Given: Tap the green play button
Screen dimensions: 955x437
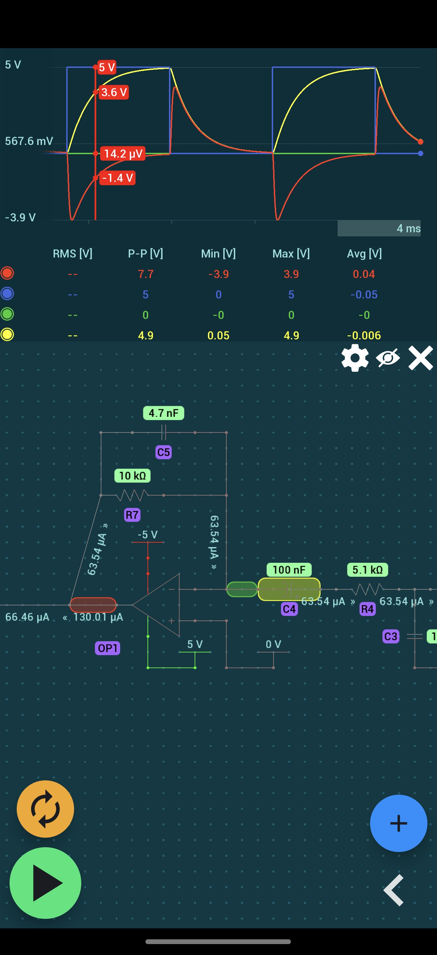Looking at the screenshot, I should [45, 883].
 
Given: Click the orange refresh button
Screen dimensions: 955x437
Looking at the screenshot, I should [45, 809].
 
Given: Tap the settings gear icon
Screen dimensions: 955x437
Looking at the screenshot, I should [355, 358].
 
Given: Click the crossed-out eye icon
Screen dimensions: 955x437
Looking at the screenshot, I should [387, 358].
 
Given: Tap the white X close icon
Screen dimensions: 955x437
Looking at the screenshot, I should [420, 358].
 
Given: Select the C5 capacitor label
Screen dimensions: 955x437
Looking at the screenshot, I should [163, 452].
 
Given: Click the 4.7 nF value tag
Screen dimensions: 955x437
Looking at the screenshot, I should [163, 413].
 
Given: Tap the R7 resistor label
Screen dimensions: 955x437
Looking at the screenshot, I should [132, 515].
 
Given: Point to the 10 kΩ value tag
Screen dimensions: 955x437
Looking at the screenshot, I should [132, 475].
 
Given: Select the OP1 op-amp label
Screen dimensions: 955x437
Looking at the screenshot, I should [107, 648].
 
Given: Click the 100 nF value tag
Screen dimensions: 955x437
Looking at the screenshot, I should [288, 570].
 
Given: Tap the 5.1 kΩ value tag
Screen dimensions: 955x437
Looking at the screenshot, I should [367, 570].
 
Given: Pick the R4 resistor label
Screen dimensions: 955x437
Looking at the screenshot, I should [367, 609].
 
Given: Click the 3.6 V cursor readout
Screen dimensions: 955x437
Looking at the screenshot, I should [114, 92].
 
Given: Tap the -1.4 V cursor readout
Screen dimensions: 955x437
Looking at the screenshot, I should [117, 178].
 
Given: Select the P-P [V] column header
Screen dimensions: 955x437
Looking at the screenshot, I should [145, 253].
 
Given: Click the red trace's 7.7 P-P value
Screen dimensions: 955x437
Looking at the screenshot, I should [145, 274].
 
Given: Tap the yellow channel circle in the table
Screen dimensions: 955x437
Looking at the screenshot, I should [8, 334].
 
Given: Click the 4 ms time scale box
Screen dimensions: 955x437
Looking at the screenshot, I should [379, 228].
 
